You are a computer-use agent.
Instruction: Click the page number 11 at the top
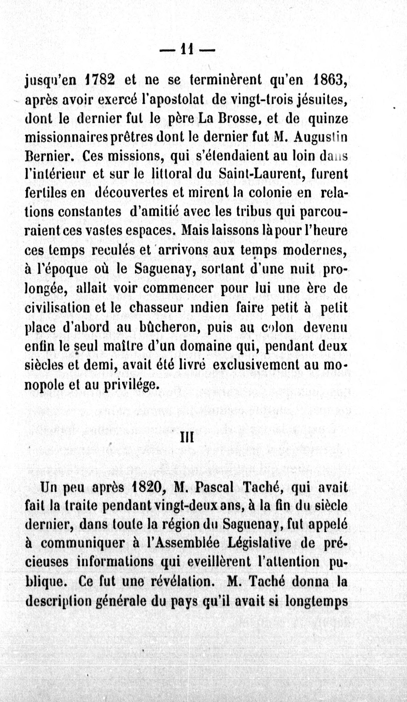pos(187,50)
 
